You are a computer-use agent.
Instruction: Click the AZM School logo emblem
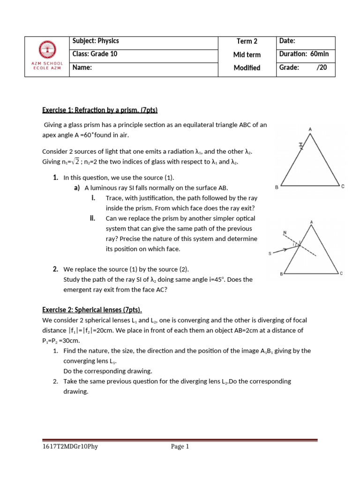47,48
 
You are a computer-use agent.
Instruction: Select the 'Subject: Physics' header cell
96,41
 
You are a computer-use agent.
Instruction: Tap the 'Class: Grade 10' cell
95,54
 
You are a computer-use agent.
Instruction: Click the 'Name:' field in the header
82,67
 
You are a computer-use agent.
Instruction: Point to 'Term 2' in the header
247,41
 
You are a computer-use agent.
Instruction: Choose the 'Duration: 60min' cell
304,54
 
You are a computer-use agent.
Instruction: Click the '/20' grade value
322,67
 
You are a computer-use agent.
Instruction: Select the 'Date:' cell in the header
287,41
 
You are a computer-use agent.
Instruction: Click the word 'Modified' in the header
247,68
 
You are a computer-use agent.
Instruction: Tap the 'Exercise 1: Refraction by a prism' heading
100,110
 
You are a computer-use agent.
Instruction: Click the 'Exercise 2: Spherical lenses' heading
92,310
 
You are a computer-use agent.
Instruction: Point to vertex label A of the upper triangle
310,128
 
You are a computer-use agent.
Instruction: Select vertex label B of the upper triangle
277,187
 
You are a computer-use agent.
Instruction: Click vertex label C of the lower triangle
342,273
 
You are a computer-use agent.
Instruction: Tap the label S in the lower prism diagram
270,254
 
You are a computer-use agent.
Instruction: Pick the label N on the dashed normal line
285,232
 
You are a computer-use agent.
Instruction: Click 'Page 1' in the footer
180,447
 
